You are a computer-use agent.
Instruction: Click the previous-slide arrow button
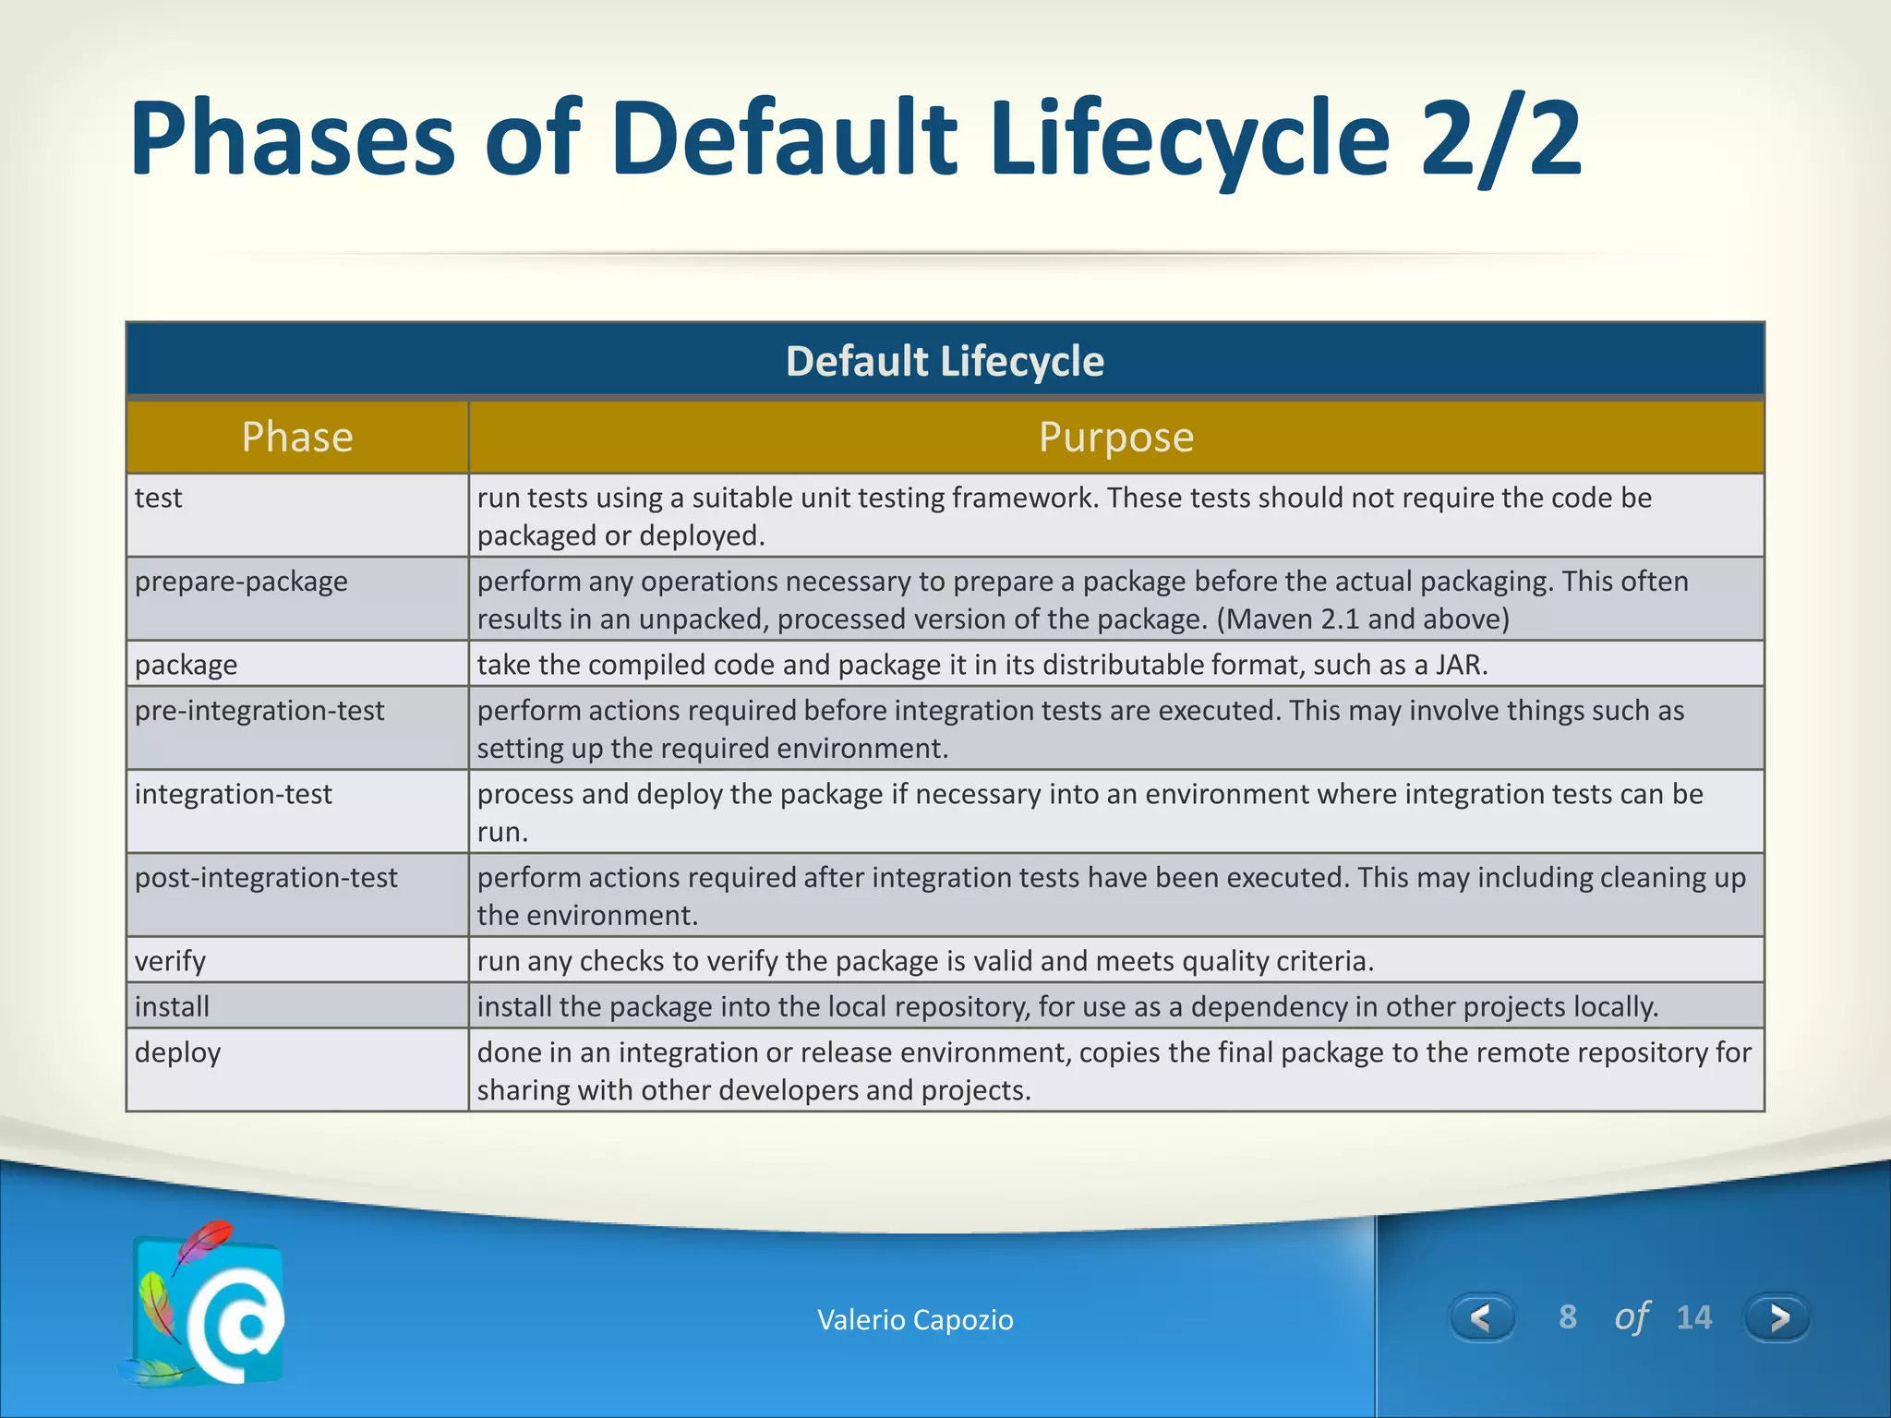pyautogui.click(x=1481, y=1317)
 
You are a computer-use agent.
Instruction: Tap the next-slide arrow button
pyautogui.click(x=1777, y=1317)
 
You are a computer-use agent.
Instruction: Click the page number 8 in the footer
pyautogui.click(x=1567, y=1317)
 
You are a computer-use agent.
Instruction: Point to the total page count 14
pyautogui.click(x=1693, y=1317)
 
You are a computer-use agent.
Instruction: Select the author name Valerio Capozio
pyautogui.click(x=915, y=1320)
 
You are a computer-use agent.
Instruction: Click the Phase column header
pyautogui.click(x=297, y=437)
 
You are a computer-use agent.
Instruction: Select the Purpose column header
pyautogui.click(x=1115, y=437)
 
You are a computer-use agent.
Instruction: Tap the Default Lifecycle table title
pyautogui.click(x=944, y=361)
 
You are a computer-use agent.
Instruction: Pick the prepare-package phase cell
pyautogui.click(x=241, y=582)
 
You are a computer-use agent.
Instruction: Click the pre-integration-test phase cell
pyautogui.click(x=259, y=711)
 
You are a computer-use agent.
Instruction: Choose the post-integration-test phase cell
pyautogui.click(x=266, y=877)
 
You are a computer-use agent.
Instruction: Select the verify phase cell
pyautogui.click(x=170, y=961)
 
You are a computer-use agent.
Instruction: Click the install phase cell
pyautogui.click(x=172, y=1006)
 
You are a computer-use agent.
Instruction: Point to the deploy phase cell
pyautogui.click(x=177, y=1052)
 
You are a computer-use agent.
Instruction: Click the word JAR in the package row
pyautogui.click(x=1459, y=665)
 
